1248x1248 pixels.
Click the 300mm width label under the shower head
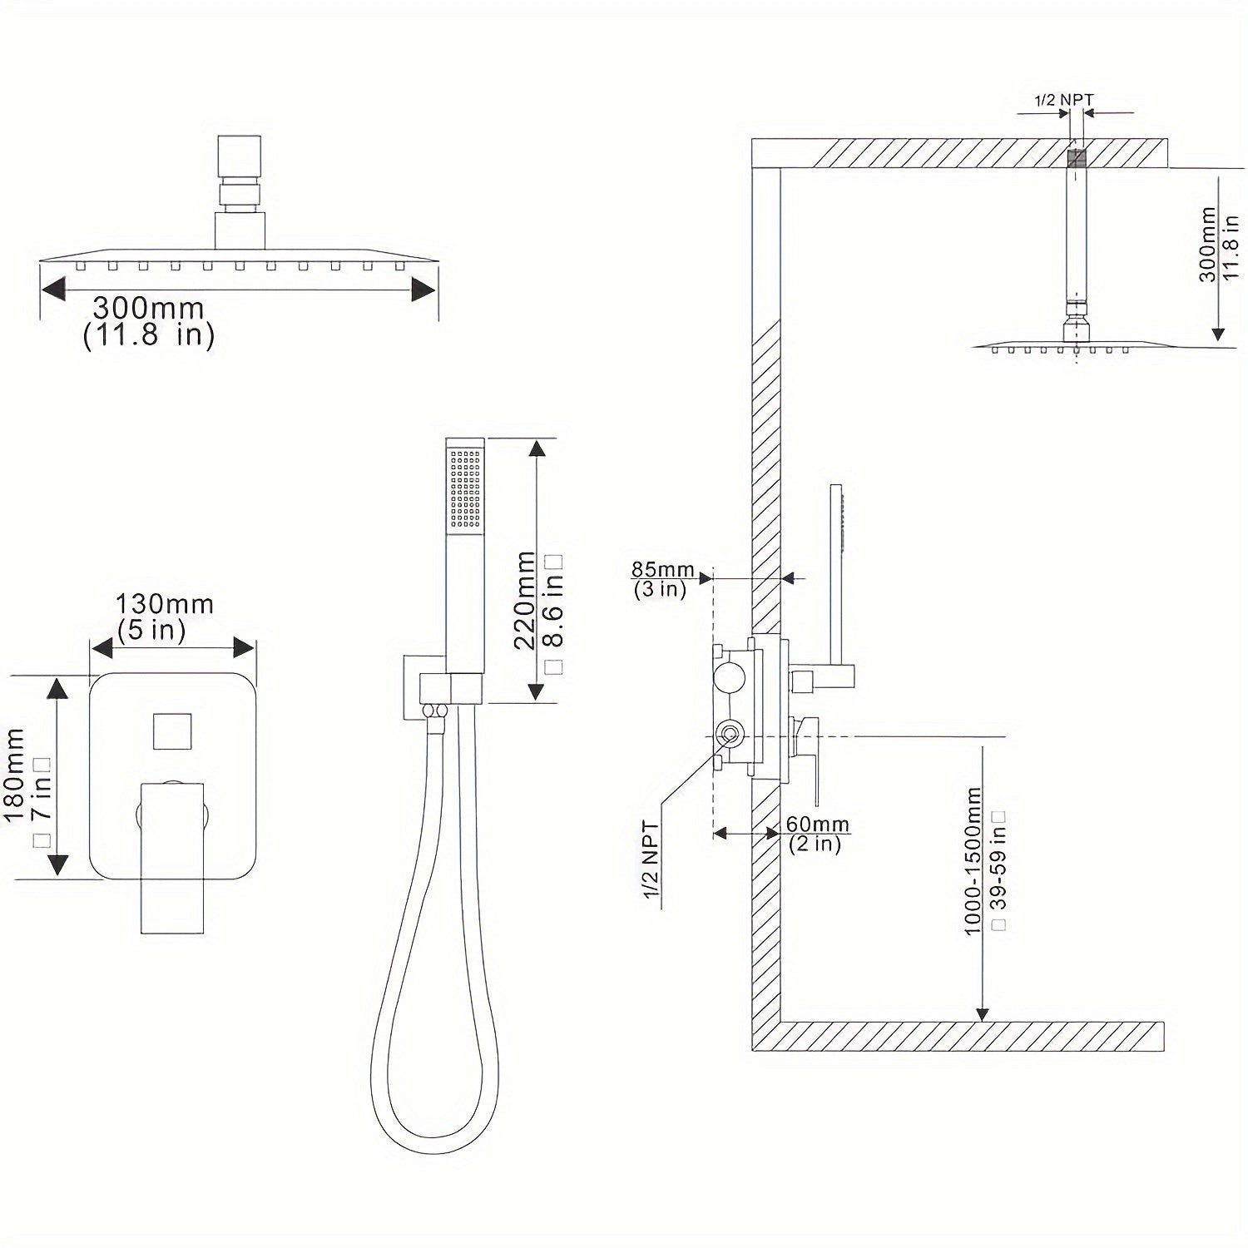tap(148, 308)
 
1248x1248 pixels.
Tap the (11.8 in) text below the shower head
tap(149, 335)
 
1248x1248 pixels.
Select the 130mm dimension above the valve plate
tap(165, 603)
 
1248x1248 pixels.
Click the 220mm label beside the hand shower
tap(524, 599)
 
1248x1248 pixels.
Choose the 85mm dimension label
tap(662, 570)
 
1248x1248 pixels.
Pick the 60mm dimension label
tap(818, 825)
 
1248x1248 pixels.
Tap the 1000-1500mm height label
tap(973, 862)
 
